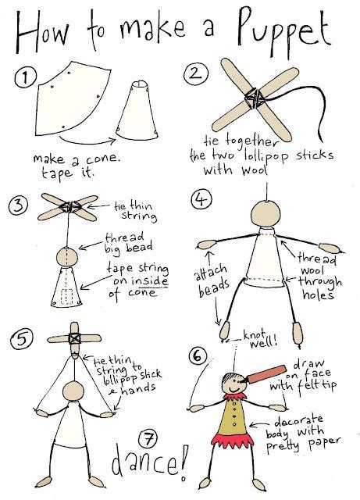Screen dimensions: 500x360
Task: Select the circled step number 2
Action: pos(193,77)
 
